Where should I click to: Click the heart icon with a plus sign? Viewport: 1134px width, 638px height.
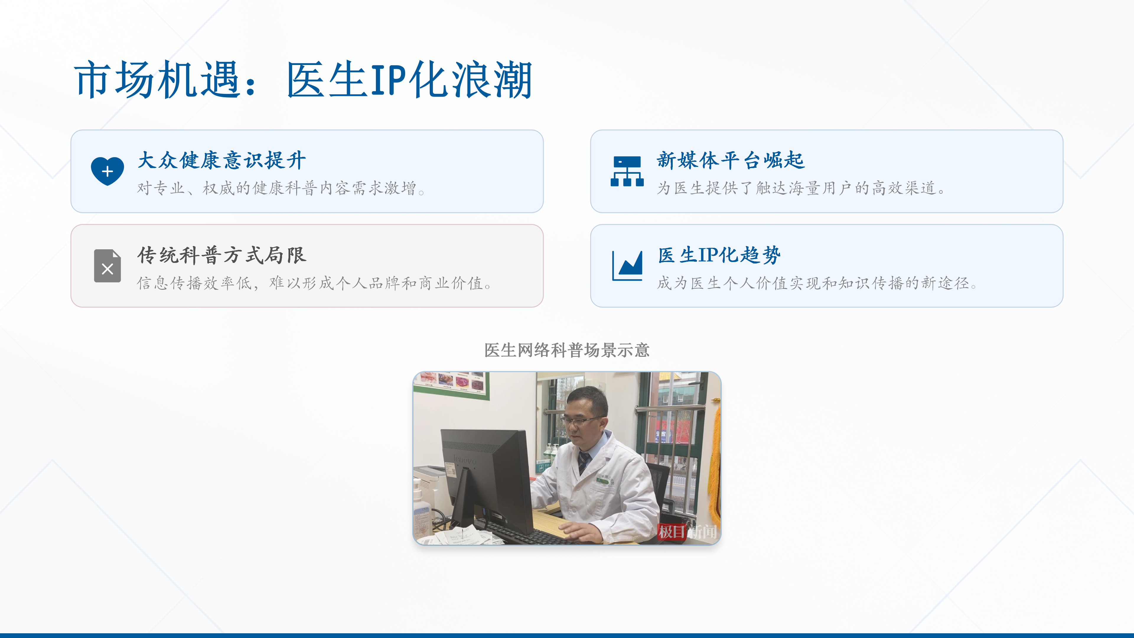tap(107, 171)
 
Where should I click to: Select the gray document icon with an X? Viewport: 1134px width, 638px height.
tap(107, 266)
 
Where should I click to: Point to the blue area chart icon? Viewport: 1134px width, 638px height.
tap(627, 266)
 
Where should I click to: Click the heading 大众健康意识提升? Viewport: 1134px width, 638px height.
tap(221, 160)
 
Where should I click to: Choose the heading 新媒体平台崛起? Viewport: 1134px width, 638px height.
tap(731, 160)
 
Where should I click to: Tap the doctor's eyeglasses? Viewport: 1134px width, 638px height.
tap(581, 421)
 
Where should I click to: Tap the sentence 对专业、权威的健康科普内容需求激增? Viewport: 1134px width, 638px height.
tap(281, 188)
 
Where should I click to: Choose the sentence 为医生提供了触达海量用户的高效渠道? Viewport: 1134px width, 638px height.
tap(801, 188)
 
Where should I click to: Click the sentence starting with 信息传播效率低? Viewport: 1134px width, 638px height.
tap(314, 283)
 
